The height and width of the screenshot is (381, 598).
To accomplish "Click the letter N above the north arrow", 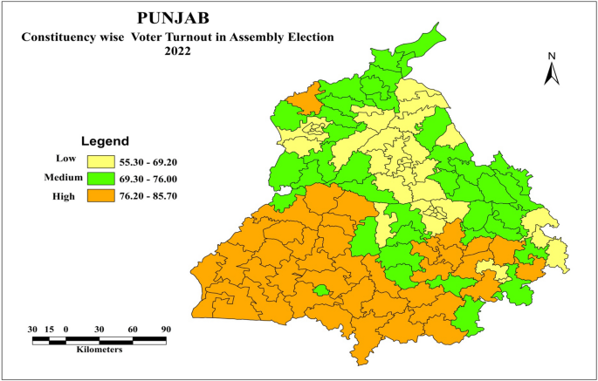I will tap(552, 56).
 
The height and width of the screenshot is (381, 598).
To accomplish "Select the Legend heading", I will tap(105, 140).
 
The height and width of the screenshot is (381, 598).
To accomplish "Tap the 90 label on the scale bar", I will tap(165, 328).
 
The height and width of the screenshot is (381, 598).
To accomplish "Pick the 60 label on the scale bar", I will tap(132, 328).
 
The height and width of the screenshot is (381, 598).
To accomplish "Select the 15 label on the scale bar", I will tap(50, 328).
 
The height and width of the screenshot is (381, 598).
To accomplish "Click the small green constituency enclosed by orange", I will tap(321, 290).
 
